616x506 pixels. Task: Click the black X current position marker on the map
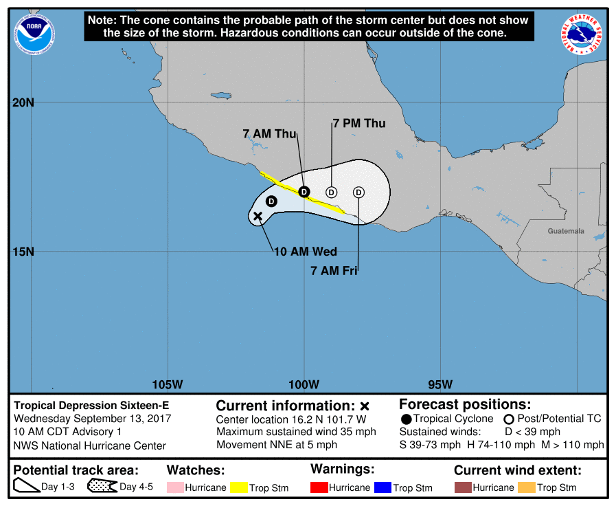click(258, 217)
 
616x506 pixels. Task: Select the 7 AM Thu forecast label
click(269, 133)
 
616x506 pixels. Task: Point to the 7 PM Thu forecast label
click(358, 124)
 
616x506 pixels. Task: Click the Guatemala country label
click(566, 231)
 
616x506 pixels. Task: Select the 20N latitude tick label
click(23, 103)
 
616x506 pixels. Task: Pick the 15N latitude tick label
click(23, 252)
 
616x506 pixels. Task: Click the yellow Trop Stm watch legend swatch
click(238, 487)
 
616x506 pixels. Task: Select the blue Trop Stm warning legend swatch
click(382, 487)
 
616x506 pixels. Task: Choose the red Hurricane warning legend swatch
click(319, 487)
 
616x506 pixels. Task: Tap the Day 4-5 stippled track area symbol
click(102, 487)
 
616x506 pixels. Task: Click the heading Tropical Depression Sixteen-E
click(91, 406)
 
